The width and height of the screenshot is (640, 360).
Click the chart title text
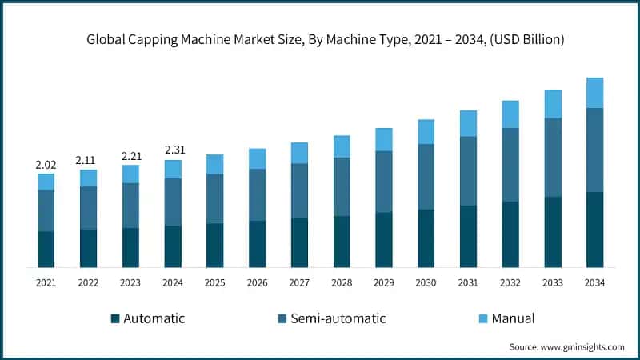[x=319, y=40]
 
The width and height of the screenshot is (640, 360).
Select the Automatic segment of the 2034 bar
[x=594, y=230]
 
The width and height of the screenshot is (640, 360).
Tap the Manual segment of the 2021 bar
[x=46, y=182]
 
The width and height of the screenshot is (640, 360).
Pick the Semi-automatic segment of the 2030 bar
[x=426, y=177]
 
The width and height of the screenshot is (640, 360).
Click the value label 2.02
[x=46, y=165]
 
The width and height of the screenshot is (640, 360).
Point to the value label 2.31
[x=173, y=150]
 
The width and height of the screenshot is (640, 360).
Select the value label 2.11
[x=88, y=160]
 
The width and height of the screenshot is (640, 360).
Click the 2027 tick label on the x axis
[x=299, y=282]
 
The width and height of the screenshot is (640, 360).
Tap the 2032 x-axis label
[x=510, y=282]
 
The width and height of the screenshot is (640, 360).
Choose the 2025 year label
[x=214, y=282]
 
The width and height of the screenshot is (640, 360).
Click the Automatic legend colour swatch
[x=115, y=318]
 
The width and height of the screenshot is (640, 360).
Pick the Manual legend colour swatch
[x=482, y=318]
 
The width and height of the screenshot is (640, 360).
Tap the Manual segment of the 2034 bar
[x=594, y=93]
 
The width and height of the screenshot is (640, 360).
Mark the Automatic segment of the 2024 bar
[x=173, y=246]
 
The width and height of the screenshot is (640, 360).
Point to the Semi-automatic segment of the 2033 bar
[x=553, y=158]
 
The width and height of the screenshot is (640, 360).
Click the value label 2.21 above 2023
[x=130, y=155]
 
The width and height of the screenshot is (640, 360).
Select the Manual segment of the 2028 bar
[x=342, y=146]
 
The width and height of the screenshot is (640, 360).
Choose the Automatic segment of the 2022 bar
[x=88, y=248]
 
